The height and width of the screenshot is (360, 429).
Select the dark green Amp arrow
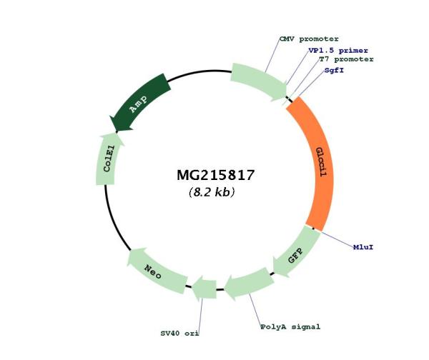tap(140, 104)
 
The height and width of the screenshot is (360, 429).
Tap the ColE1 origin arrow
tap(108, 160)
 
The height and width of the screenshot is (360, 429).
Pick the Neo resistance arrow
tap(154, 271)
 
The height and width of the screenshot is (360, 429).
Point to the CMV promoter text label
tap(309, 39)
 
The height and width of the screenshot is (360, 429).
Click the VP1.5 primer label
tap(338, 51)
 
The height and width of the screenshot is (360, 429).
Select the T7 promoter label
tap(346, 59)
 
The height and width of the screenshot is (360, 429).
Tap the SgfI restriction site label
tap(334, 70)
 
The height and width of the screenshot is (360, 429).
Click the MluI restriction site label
tap(363, 247)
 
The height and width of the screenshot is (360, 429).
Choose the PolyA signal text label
tap(290, 326)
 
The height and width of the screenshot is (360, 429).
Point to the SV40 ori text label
tap(179, 333)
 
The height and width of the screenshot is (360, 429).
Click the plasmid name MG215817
tap(216, 175)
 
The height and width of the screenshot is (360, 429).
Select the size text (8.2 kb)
tap(212, 192)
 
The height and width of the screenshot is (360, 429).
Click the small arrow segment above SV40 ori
tap(204, 289)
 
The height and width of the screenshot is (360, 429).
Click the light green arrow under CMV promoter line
tap(259, 81)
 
